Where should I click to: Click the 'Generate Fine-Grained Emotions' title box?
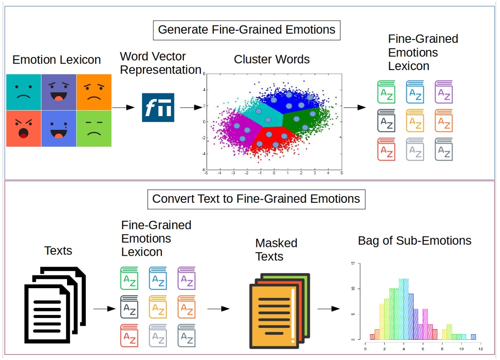(247, 30)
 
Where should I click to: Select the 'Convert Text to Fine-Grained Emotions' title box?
(256, 199)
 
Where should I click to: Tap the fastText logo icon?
(158, 107)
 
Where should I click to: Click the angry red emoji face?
(24, 128)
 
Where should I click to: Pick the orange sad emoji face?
(94, 92)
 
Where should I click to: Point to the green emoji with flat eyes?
(94, 128)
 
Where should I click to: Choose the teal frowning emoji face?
(24, 92)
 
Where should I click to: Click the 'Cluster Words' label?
(272, 60)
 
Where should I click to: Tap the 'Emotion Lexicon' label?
(57, 60)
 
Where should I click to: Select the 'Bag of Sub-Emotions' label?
(415, 240)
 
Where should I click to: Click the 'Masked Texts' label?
(276, 250)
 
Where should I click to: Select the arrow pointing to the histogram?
(329, 308)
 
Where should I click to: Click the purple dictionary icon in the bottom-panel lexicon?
(187, 278)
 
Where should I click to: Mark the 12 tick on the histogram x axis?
(480, 349)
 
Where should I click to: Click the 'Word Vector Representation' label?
(160, 63)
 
